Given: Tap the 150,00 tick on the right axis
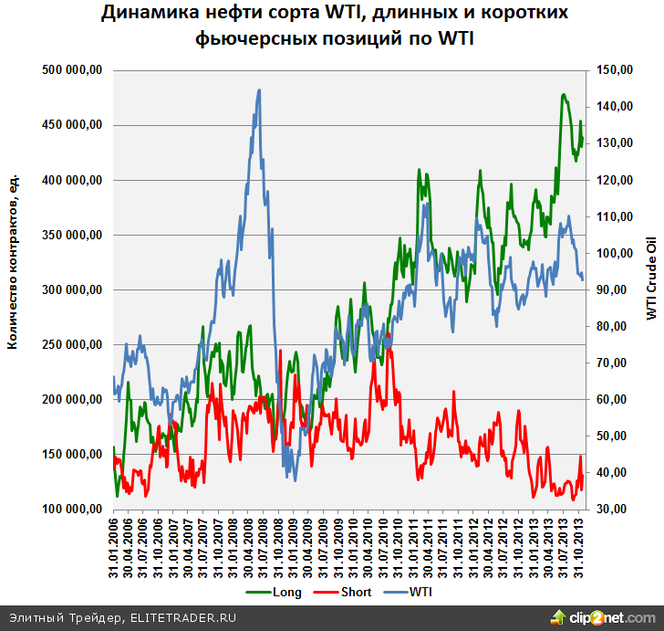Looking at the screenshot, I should pos(610,70).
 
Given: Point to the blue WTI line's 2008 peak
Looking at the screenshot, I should pos(259,90).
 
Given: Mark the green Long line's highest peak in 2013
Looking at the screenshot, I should pos(564,94).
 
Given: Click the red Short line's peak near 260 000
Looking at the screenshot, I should pos(389,335).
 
